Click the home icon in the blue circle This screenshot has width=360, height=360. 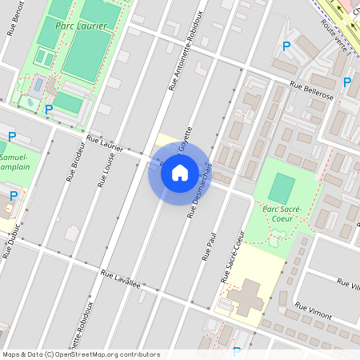tap(180, 172)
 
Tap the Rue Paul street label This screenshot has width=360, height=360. tap(210, 248)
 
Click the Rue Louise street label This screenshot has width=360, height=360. tap(105, 170)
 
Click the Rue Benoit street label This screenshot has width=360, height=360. tap(14, 18)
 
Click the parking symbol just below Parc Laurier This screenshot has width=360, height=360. tap(49, 110)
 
